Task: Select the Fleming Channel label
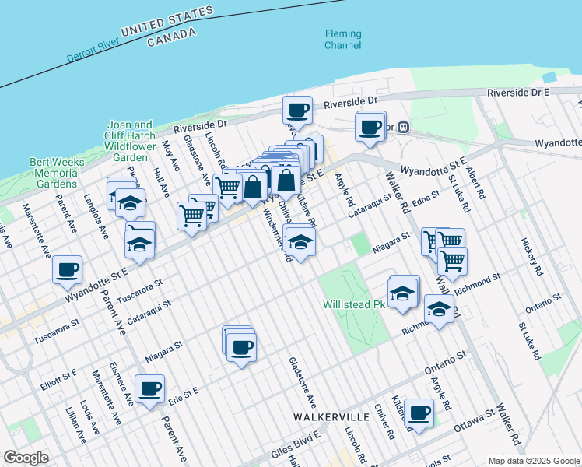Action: (x=343, y=40)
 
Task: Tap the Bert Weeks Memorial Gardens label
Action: (x=54, y=173)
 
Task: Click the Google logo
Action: (x=26, y=457)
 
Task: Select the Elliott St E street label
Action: (x=59, y=379)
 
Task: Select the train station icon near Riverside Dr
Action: (x=404, y=127)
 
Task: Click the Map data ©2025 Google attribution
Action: (x=535, y=460)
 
